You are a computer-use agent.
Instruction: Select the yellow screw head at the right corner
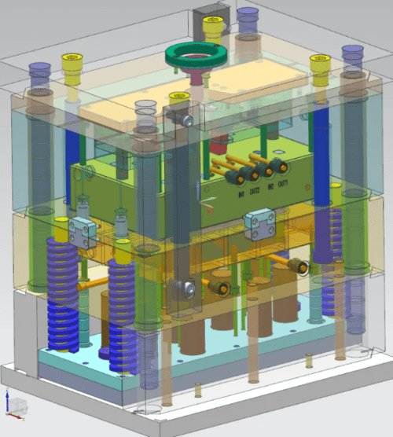coord(320,61)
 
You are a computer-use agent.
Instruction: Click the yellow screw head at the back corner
coord(213,23)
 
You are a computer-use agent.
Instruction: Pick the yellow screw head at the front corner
coord(180,99)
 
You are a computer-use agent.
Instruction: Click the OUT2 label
coord(256,189)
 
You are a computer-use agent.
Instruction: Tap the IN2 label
coord(270,187)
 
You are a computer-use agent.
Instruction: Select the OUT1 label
coord(285,185)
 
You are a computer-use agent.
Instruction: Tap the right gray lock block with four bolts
coord(259,223)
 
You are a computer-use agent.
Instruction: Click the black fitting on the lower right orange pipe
coord(298,267)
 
